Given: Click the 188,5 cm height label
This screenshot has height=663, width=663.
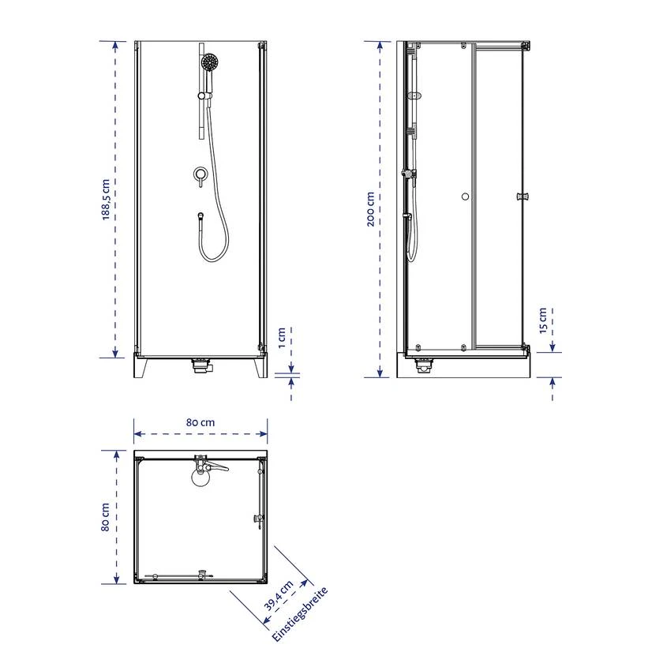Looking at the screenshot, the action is (106, 200).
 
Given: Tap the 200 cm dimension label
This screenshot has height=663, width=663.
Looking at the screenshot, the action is (370, 209).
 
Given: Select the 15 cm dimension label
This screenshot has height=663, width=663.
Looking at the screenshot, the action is (543, 320).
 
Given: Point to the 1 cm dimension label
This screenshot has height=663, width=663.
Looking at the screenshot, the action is (282, 338).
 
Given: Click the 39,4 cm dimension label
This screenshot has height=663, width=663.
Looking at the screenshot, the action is (279, 596).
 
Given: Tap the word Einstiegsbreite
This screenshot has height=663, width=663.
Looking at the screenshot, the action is (300, 614).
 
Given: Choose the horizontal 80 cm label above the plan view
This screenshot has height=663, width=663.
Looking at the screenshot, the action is (200, 422).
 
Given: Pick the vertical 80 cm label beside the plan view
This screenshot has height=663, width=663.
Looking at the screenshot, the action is (105, 517).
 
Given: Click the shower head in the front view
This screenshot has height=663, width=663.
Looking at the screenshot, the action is (209, 62).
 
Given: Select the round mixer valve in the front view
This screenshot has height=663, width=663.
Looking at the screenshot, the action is (200, 174).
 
